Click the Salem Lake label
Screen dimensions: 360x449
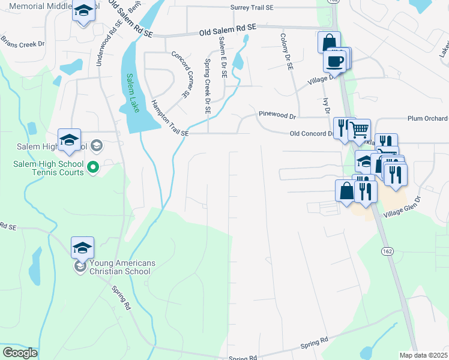pyautogui.click(x=134, y=92)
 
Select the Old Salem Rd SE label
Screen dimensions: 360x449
pyautogui.click(x=228, y=28)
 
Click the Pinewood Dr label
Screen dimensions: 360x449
pyautogui.click(x=277, y=114)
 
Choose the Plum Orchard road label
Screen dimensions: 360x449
pyautogui.click(x=427, y=118)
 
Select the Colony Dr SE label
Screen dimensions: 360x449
pyautogui.click(x=285, y=52)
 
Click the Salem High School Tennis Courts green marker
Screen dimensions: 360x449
pyautogui.click(x=92, y=167)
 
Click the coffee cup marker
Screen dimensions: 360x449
pyautogui.click(x=335, y=61)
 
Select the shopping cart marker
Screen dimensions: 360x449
pyautogui.click(x=359, y=128)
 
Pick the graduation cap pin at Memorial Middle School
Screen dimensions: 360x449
pyautogui.click(x=83, y=11)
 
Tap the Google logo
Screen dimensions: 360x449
pyautogui.click(x=20, y=353)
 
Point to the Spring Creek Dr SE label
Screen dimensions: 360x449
pyautogui.click(x=207, y=78)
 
